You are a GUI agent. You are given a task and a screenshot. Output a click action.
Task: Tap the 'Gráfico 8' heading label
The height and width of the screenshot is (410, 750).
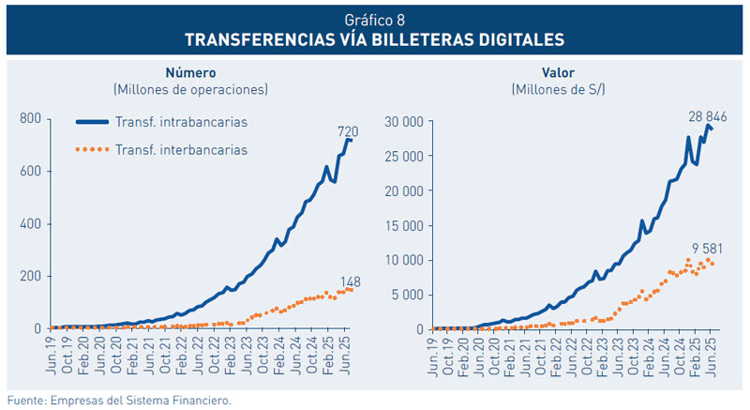pos(374,20)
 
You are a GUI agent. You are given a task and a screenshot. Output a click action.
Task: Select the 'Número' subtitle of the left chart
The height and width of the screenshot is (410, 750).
pos(190,72)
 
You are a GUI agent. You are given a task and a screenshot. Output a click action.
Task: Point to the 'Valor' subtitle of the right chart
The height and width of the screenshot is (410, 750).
pos(558,72)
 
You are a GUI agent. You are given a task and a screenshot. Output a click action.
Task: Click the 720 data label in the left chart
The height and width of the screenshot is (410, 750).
pos(348,132)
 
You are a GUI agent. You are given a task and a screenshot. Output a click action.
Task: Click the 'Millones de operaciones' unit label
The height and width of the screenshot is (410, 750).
pos(190,90)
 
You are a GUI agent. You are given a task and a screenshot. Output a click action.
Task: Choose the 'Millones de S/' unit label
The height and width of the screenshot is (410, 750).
pos(558,90)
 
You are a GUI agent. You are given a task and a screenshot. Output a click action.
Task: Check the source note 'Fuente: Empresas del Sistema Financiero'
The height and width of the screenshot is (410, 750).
pos(118,399)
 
